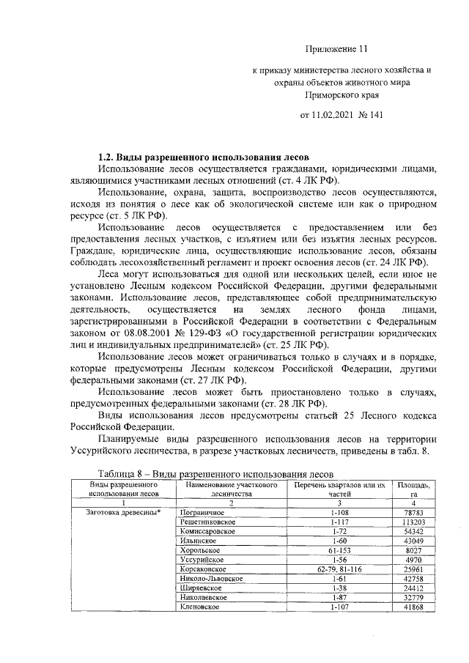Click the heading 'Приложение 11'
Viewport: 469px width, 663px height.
coord(335,49)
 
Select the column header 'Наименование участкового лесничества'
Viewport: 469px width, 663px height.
coord(231,489)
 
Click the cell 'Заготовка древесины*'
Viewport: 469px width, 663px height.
coord(125,511)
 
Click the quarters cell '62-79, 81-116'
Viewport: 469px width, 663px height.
coord(339,568)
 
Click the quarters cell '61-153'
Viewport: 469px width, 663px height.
coord(339,549)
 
